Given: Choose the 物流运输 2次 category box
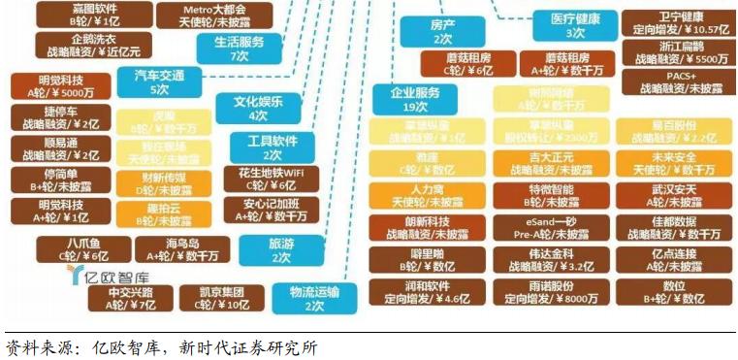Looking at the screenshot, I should point(313,297).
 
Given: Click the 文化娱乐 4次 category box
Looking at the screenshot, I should point(257,108).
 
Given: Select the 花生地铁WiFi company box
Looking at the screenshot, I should point(269,178).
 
